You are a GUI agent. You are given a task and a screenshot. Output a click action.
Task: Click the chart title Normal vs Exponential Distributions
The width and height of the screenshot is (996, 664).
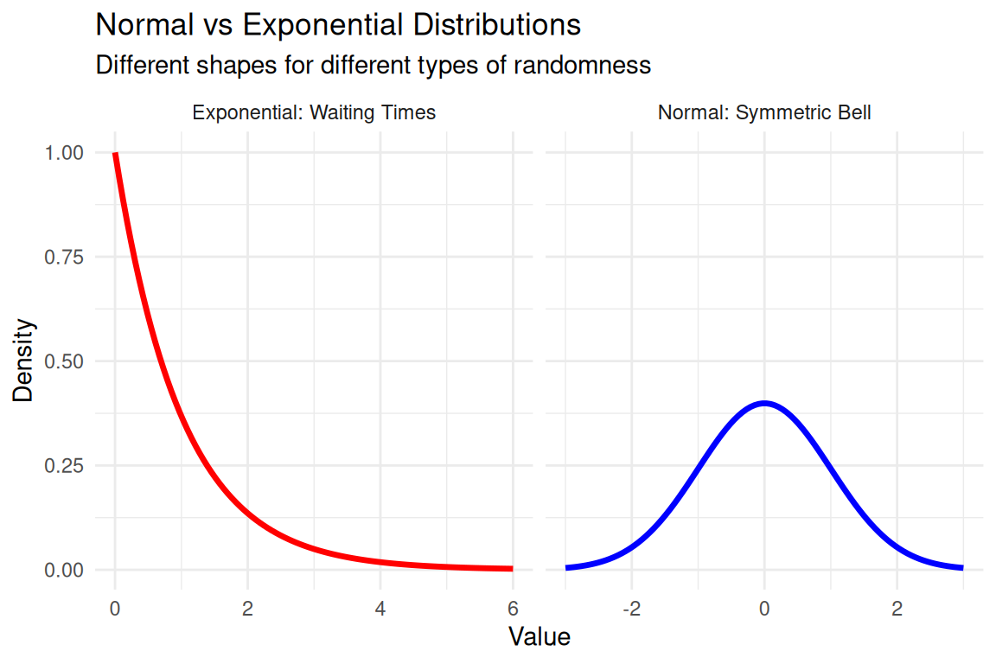338,25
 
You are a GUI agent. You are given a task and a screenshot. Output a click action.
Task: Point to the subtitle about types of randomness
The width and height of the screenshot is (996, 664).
373,65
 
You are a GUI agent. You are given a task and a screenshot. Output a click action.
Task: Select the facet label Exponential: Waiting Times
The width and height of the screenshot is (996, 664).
314,112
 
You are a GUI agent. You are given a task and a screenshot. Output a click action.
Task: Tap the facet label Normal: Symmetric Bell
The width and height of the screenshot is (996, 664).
764,112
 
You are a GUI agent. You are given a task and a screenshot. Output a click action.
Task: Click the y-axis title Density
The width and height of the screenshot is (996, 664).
25,361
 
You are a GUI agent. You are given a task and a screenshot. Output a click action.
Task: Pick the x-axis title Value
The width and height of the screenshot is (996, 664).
539,638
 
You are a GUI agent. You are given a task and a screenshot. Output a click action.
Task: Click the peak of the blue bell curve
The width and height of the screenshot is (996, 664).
764,403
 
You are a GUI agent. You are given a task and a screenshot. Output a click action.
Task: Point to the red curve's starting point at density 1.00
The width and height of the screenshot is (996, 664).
115,154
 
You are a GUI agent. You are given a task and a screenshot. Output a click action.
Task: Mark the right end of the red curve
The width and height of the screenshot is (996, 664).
512,568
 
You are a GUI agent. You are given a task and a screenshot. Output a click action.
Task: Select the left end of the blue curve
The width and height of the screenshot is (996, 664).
567,567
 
